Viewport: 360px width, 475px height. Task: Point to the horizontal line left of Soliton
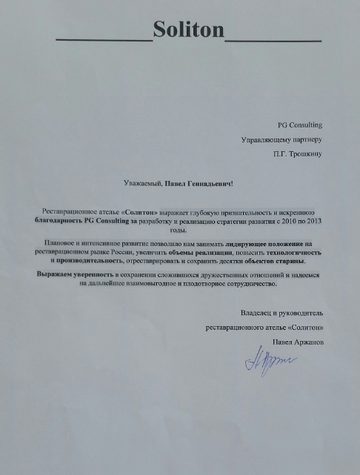point(104,39)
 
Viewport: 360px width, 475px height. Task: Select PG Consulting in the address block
point(300,125)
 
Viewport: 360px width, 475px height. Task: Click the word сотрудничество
point(247,285)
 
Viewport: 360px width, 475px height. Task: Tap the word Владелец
point(256,313)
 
